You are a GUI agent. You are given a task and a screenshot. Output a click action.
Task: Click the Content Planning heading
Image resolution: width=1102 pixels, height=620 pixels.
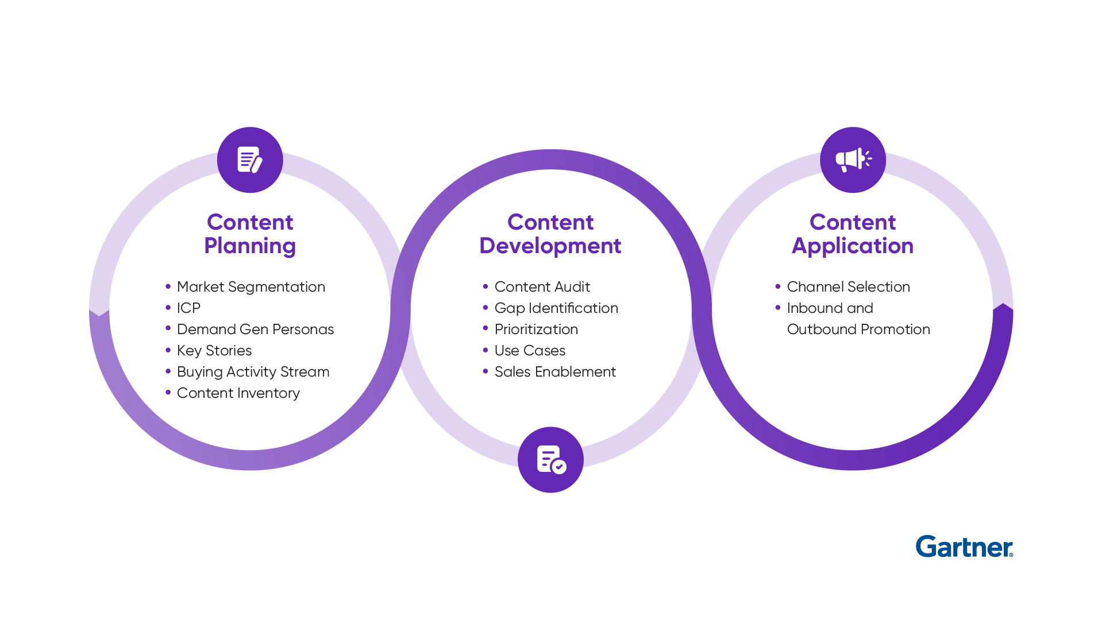coord(250,234)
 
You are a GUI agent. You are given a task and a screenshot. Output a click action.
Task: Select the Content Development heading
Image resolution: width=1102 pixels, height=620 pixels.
coord(550,234)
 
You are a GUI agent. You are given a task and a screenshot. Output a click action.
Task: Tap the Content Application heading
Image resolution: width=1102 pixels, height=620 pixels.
coord(853,234)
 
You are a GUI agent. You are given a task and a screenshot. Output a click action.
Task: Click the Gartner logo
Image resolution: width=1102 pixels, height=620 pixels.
coord(964,547)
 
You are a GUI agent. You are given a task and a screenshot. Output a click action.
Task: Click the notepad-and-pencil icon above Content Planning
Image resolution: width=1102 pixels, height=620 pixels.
coord(250,160)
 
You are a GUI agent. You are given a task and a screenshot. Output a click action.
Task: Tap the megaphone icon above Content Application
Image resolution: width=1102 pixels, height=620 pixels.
coord(853,160)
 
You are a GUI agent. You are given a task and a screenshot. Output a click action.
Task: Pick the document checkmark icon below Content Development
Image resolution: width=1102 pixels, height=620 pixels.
coord(550,459)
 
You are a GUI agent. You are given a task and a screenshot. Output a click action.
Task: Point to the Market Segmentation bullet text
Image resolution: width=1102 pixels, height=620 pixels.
coord(251,286)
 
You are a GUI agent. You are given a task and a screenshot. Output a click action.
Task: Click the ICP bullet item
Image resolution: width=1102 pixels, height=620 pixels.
coord(188,308)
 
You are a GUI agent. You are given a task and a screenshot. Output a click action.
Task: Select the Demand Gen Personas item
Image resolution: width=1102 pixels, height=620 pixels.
coord(255,329)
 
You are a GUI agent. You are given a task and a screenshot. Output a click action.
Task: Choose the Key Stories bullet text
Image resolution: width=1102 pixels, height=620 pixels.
coord(214,350)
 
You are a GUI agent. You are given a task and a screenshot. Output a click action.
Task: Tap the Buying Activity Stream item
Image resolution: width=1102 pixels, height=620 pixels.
coord(253,371)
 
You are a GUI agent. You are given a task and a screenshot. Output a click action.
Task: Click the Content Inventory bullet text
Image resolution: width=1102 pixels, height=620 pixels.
coord(238,393)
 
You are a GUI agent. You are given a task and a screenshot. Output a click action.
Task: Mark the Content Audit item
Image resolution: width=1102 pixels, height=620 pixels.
coord(542,286)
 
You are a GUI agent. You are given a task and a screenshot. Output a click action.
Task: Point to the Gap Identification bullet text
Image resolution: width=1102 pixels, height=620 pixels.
coord(556,308)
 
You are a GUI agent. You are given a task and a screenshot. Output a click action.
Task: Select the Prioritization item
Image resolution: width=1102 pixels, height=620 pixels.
coord(536,329)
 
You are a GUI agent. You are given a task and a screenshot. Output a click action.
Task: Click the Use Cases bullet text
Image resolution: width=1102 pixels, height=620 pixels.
coord(530,350)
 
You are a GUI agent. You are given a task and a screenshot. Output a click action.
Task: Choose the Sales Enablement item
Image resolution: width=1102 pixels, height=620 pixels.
coord(555,371)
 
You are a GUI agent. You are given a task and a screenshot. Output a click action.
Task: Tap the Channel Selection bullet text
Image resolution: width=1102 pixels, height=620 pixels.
coord(848,286)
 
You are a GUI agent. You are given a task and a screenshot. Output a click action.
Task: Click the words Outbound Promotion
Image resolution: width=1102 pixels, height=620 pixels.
coord(858,329)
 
